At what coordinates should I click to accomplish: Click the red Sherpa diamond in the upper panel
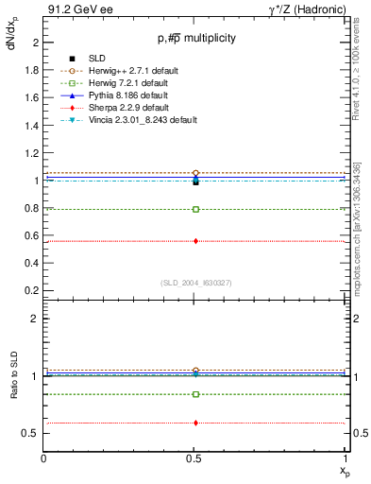pyautogui.click(x=195, y=241)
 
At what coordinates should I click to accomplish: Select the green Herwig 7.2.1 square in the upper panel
pyautogui.click(x=195, y=209)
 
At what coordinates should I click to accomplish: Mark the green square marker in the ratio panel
pyautogui.click(x=195, y=394)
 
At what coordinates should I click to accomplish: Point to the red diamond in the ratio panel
pyautogui.click(x=195, y=423)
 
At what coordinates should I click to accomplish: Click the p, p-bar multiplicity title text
pyautogui.click(x=196, y=39)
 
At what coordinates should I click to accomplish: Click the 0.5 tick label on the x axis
pyautogui.click(x=195, y=459)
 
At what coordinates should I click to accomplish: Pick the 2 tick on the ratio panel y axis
pyautogui.click(x=36, y=319)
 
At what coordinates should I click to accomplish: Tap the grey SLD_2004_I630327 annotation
pyautogui.click(x=195, y=283)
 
